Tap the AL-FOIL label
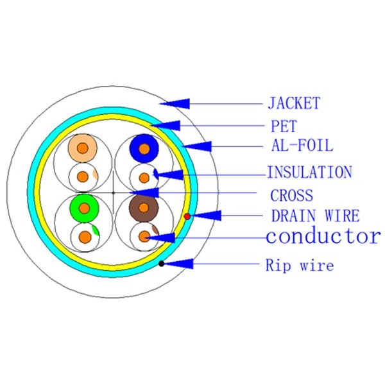click(x=300, y=146)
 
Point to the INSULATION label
click(x=309, y=172)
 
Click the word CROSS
click(x=291, y=196)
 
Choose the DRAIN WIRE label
click(x=314, y=216)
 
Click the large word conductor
click(x=323, y=236)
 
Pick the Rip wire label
click(x=300, y=264)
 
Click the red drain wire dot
click(x=187, y=216)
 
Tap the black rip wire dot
click(x=162, y=263)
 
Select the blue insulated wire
click(x=144, y=149)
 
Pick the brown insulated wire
click(x=144, y=207)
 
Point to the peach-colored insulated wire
click(x=83, y=149)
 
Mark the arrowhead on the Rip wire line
click(x=182, y=263)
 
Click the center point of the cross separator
click(x=113, y=192)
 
